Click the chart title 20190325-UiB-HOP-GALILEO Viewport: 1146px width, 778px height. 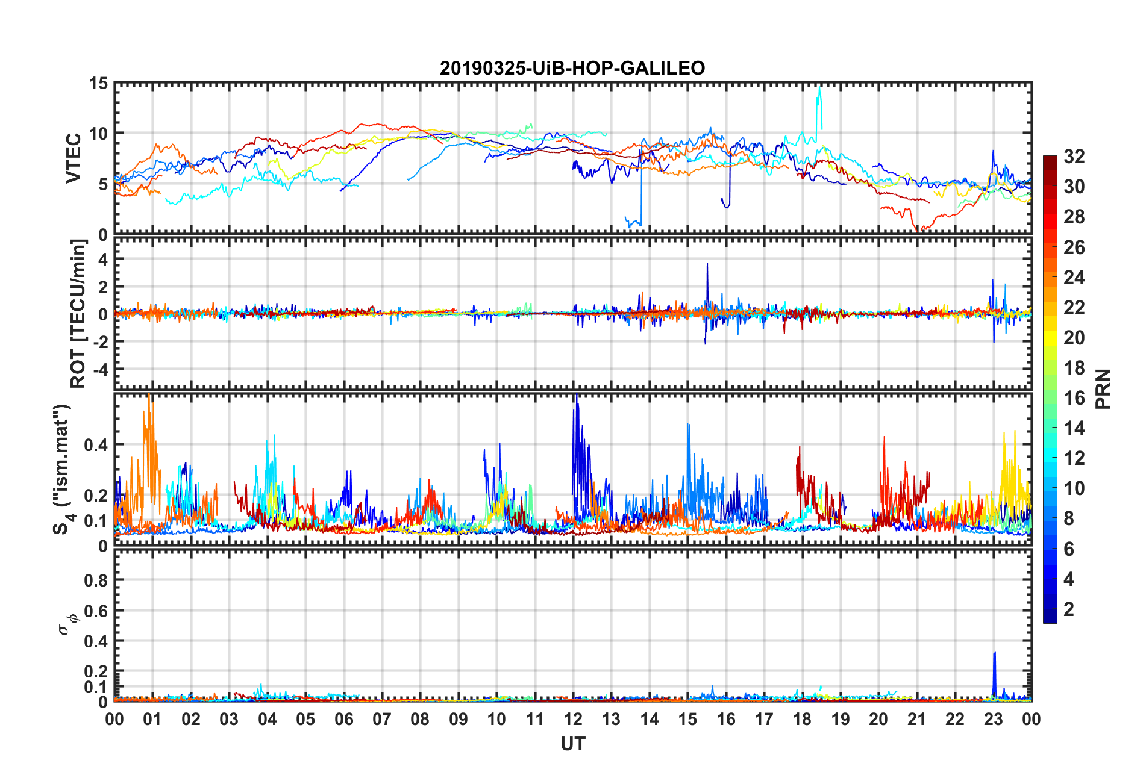pyautogui.click(x=572, y=68)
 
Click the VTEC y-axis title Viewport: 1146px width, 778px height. pyautogui.click(x=74, y=158)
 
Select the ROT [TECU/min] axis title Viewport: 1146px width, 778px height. pyautogui.click(x=78, y=313)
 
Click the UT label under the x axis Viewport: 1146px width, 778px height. pyautogui.click(x=572, y=744)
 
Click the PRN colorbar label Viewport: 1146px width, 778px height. pyautogui.click(x=1103, y=389)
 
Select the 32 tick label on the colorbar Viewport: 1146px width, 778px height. pyautogui.click(x=1074, y=157)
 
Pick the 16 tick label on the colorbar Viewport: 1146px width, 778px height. pyautogui.click(x=1074, y=398)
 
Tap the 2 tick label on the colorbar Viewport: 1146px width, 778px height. pyautogui.click(x=1069, y=609)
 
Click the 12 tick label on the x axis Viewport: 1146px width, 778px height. pyautogui.click(x=573, y=719)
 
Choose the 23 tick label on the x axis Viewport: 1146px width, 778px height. pyautogui.click(x=993, y=719)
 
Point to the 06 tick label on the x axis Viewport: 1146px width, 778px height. pyautogui.click(x=343, y=719)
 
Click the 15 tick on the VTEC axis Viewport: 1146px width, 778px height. pyautogui.click(x=99, y=84)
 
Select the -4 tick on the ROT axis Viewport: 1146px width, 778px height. pyautogui.click(x=100, y=369)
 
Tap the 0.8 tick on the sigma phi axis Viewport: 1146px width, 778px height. pyautogui.click(x=96, y=580)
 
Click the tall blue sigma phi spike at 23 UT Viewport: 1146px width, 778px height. pyautogui.click(x=994, y=653)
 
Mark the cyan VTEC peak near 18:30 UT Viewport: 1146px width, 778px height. pyautogui.click(x=819, y=89)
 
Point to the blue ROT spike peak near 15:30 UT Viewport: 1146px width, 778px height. pyautogui.click(x=707, y=264)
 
